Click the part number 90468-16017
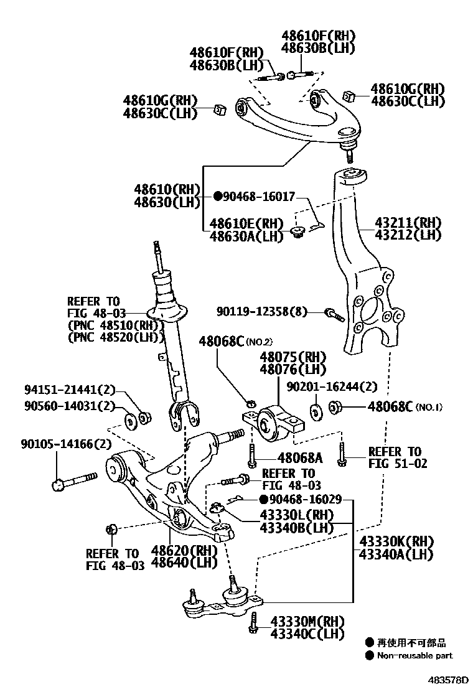tap(263, 196)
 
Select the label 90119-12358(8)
tap(262, 311)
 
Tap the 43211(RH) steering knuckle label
tap(408, 223)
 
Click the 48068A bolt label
tap(300, 458)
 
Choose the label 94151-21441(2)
tap(70, 390)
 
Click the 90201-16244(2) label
tap(331, 386)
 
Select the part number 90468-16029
tap(305, 500)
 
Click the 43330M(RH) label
tap(307, 622)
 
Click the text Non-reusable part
tap(414, 655)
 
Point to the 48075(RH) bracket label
tap(293, 357)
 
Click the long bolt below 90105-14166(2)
tap(75, 480)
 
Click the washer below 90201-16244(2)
tap(315, 411)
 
